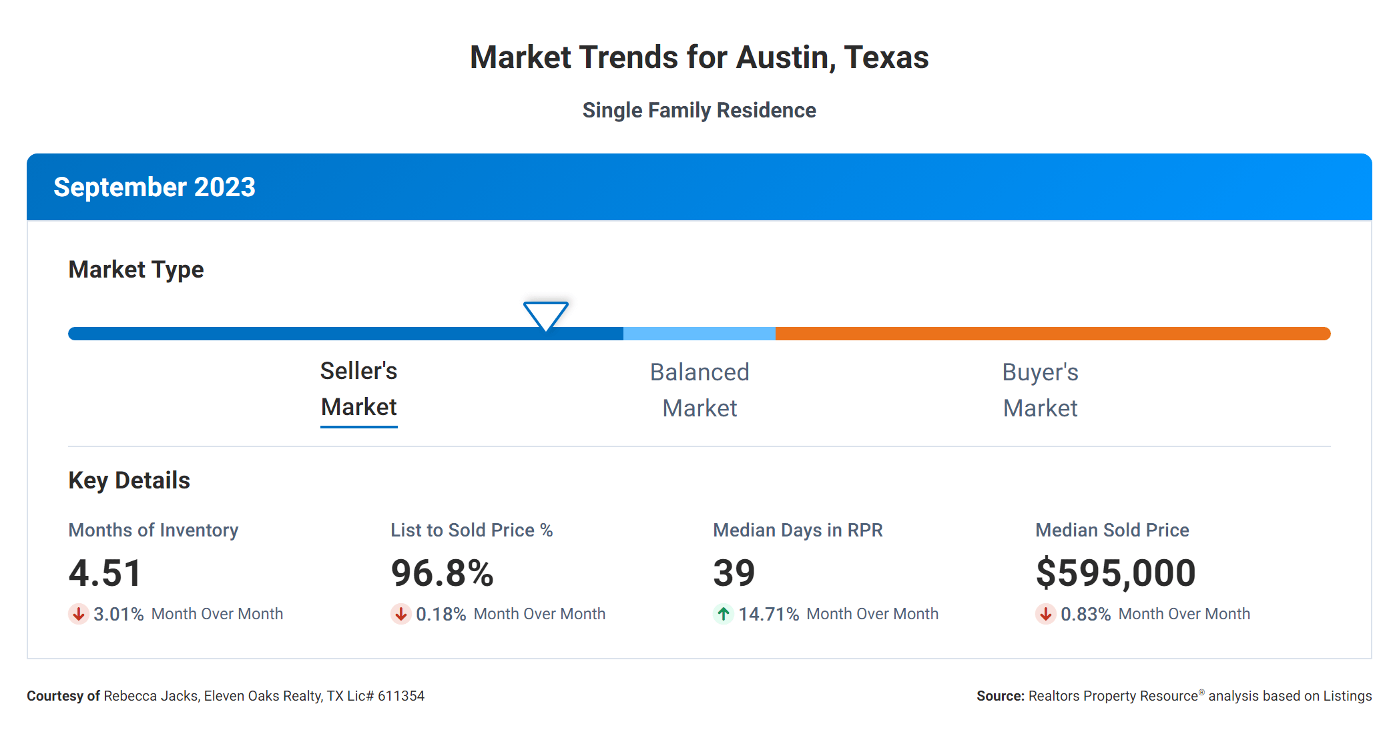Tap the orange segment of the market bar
(1052, 334)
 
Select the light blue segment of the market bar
(699, 334)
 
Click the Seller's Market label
(359, 389)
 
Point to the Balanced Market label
(699, 390)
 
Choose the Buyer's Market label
(1040, 390)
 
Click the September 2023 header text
(154, 188)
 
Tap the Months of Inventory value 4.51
(105, 573)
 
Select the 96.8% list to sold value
(442, 573)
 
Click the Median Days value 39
(734, 573)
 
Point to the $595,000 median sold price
(1115, 573)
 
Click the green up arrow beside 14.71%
(724, 614)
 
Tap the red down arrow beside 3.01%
(79, 614)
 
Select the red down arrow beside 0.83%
(1046, 614)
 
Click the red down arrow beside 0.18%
(401, 614)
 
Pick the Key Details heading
(129, 480)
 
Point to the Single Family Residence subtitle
(699, 110)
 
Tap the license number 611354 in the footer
(401, 696)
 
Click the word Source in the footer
(999, 696)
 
